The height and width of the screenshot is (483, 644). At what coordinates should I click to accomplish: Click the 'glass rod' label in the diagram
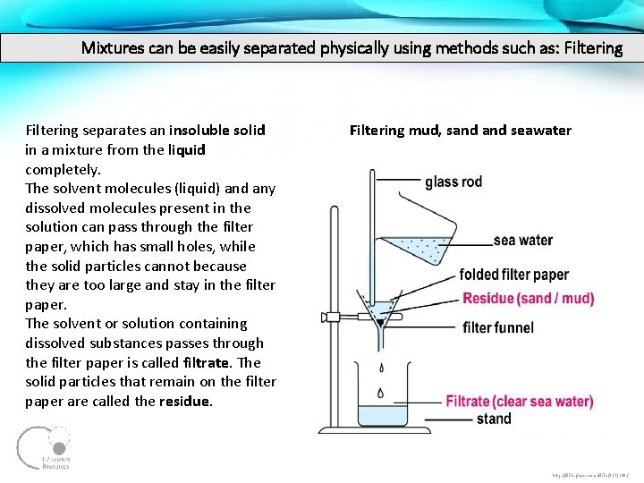click(x=453, y=182)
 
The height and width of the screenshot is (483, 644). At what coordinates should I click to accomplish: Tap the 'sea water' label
click(x=523, y=240)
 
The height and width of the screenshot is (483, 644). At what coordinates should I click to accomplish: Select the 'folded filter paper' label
click(x=513, y=275)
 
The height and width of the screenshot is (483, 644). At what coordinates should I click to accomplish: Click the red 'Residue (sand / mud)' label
click(x=528, y=299)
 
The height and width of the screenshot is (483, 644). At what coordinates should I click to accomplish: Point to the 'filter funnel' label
click(x=498, y=327)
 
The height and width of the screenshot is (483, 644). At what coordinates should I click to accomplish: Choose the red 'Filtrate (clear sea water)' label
click(x=519, y=402)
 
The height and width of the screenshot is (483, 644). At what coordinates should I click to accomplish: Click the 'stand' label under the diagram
click(x=494, y=419)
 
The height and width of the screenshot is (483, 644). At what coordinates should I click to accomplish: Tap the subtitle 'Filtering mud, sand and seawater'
click(x=460, y=131)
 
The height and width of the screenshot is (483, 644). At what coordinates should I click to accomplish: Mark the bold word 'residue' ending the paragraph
click(x=185, y=402)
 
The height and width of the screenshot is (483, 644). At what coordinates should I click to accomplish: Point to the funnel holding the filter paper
click(x=381, y=313)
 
